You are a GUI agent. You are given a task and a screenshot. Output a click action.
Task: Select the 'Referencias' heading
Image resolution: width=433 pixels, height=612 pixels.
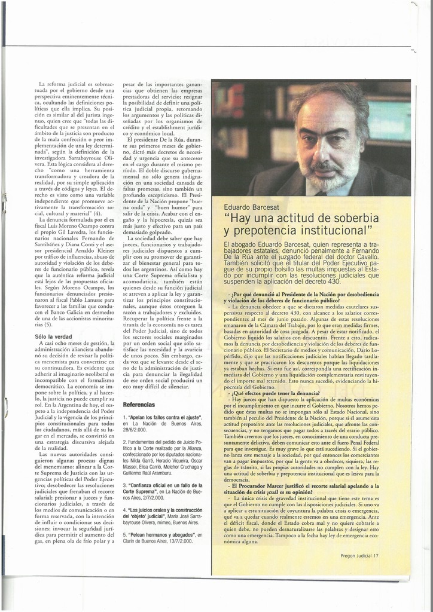(x=139, y=405)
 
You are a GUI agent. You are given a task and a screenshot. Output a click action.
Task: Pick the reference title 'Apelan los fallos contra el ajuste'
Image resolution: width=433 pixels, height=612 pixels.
(x=164, y=417)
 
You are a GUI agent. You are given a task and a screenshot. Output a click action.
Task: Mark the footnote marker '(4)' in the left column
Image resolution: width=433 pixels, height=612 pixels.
(x=97, y=213)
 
